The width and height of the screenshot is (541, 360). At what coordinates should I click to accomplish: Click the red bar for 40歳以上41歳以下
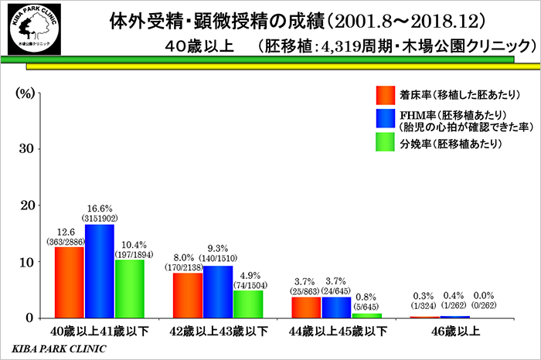(x=70, y=282)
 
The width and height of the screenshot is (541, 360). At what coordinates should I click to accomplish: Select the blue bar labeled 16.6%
(x=99, y=270)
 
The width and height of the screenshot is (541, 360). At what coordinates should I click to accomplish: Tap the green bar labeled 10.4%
(x=129, y=288)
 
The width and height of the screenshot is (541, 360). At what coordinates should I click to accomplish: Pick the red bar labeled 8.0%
(x=187, y=295)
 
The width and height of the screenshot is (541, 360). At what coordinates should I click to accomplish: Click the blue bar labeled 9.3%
(x=217, y=291)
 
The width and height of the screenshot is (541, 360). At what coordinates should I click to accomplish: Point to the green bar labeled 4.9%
(x=247, y=304)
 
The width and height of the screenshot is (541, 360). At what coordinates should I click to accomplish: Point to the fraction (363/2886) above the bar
(x=70, y=241)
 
